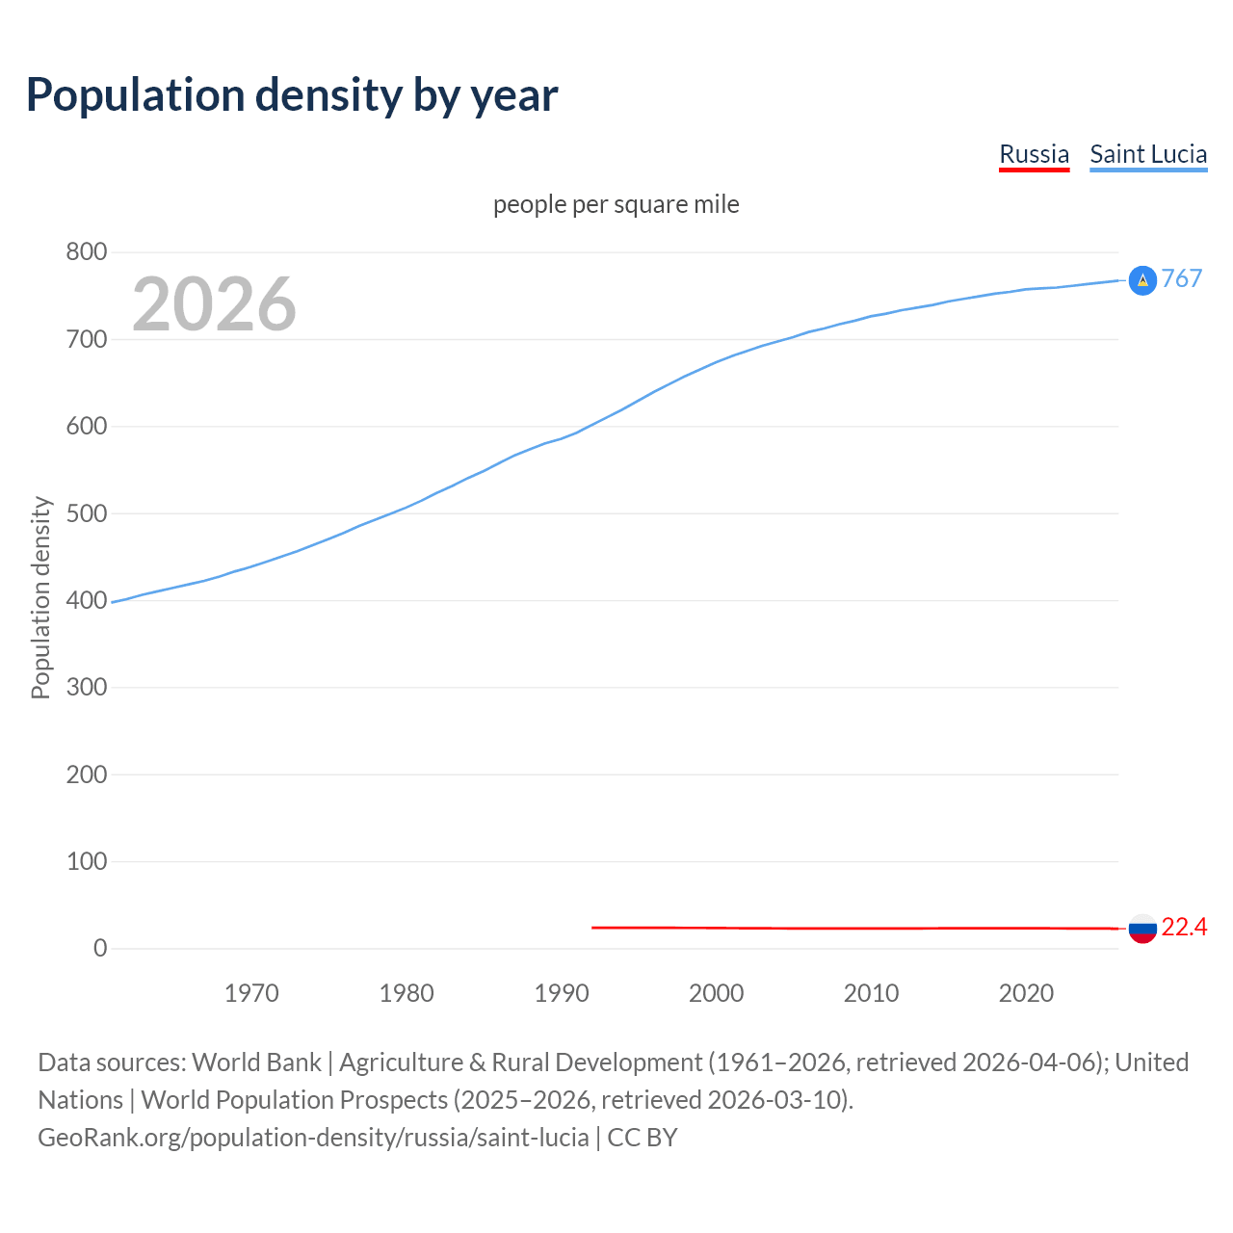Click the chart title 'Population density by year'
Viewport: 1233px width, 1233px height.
[292, 94]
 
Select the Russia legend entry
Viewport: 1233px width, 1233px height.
[1034, 154]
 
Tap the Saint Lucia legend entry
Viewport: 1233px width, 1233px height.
[1148, 154]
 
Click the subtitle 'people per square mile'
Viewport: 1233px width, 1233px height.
[616, 204]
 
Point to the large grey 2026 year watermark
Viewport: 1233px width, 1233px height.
[214, 304]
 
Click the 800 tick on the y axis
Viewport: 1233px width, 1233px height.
[87, 252]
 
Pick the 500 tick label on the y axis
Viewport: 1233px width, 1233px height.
[87, 513]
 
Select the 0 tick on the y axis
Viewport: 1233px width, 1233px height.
[100, 948]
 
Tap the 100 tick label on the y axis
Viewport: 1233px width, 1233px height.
[87, 861]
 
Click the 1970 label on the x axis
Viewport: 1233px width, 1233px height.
[251, 993]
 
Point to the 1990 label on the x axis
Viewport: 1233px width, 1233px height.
[562, 993]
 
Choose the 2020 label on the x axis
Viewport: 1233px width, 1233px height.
[1026, 993]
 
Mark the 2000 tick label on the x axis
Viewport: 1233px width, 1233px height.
[717, 993]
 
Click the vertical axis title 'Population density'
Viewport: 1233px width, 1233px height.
[40, 597]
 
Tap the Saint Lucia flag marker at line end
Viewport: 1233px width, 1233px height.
[1142, 280]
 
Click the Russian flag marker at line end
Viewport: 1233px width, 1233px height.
[1142, 929]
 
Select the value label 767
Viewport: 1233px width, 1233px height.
[1182, 278]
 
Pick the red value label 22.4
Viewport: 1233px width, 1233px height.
[1184, 927]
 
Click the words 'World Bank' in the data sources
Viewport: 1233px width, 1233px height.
[256, 1062]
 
